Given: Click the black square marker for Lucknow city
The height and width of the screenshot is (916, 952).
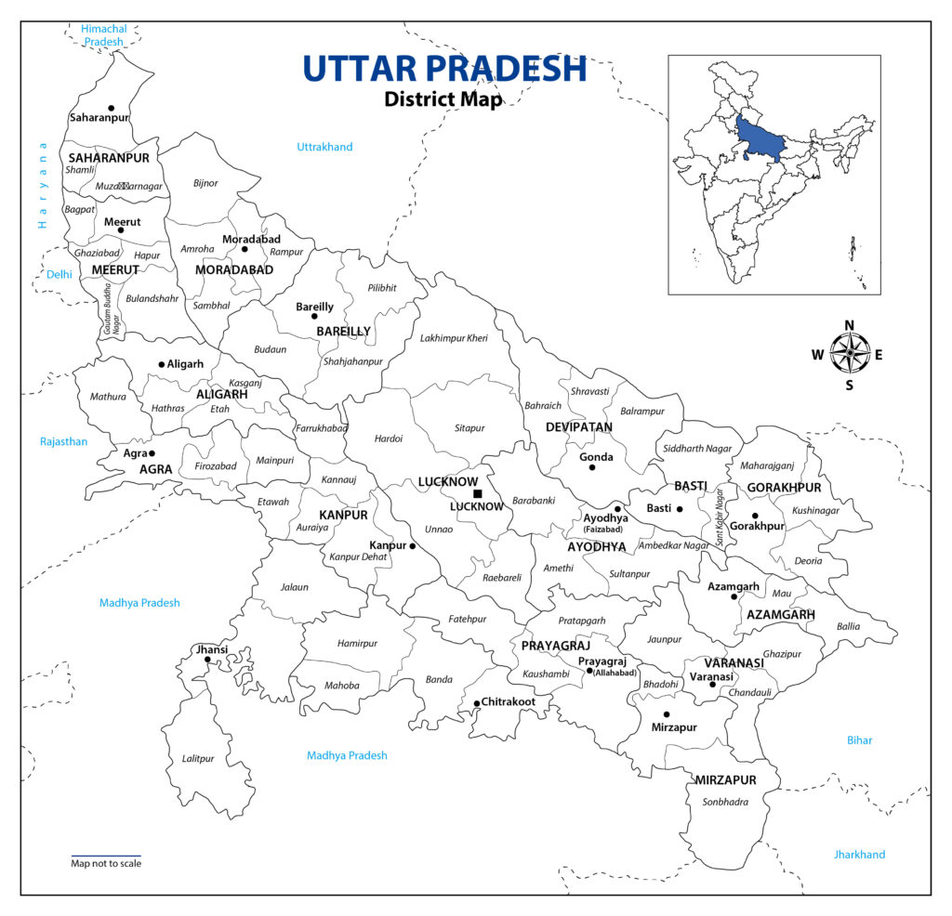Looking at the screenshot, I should click(477, 493).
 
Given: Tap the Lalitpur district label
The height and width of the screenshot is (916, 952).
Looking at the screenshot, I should click(198, 759).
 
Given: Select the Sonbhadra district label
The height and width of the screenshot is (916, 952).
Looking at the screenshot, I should click(725, 802).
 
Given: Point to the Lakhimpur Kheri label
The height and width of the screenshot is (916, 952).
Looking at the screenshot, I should click(453, 338).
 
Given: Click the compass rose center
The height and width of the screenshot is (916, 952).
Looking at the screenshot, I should click(848, 353).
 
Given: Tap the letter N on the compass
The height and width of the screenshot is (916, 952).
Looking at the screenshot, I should click(849, 324).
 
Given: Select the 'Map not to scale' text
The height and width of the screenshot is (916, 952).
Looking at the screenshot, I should click(106, 864).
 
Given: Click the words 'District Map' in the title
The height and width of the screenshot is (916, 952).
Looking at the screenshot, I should click(443, 98).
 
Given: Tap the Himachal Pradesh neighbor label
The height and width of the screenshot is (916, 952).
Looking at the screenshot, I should click(104, 35).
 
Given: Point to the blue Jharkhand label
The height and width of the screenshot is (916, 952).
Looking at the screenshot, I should click(859, 855).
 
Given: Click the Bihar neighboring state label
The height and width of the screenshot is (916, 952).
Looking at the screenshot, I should click(859, 740).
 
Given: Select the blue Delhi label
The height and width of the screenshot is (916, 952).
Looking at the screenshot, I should click(59, 274).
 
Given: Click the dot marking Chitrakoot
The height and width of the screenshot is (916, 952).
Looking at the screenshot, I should click(477, 703).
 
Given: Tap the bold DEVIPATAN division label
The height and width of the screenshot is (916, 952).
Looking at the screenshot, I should click(579, 427).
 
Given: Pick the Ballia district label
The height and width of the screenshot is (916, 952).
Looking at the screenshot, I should click(849, 626).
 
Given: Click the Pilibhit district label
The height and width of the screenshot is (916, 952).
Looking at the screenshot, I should click(381, 288).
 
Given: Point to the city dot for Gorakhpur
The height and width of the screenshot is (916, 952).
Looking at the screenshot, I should click(755, 515).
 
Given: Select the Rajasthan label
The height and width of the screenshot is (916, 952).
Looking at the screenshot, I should click(63, 441).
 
